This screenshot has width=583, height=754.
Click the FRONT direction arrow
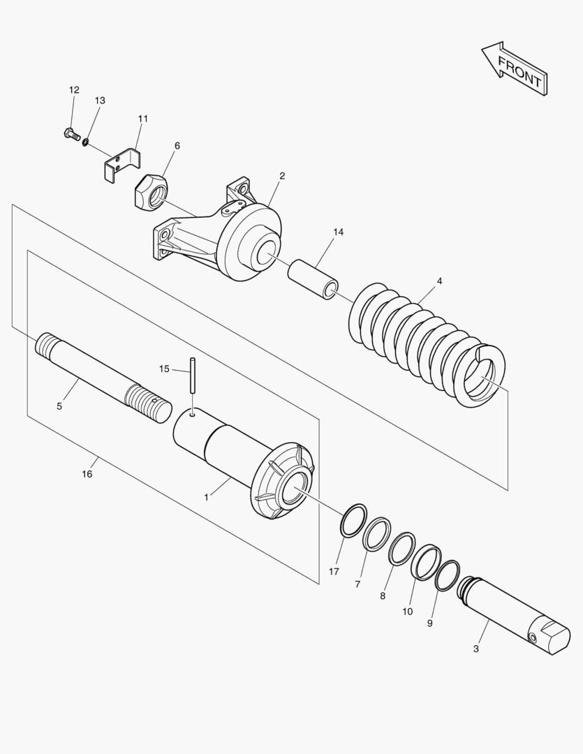(515, 68)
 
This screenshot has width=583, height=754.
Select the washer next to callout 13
(85, 142)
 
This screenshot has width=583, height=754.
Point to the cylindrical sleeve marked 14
(313, 279)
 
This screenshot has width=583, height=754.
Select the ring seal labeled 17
(353, 520)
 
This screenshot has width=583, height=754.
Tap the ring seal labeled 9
(447, 575)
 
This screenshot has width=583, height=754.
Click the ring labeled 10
(426, 562)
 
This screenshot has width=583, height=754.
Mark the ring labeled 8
(401, 549)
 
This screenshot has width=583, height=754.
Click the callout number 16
(87, 474)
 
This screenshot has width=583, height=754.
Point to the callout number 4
(439, 281)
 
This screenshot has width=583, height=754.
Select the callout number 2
(282, 176)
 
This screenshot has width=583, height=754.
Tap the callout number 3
(475, 649)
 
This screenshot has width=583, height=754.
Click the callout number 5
(59, 406)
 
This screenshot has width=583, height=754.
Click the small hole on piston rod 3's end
(532, 637)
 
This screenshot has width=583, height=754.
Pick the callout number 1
(207, 498)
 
